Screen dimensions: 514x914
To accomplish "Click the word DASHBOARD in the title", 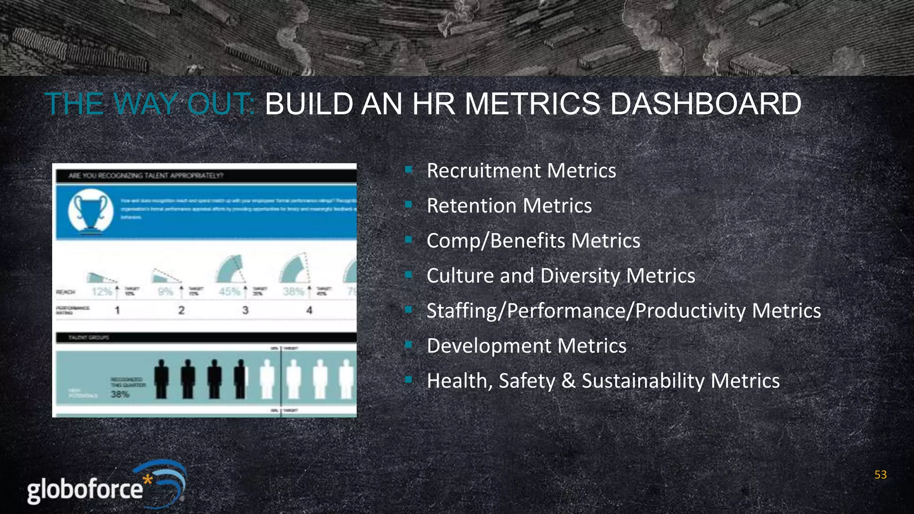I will [x=705, y=104].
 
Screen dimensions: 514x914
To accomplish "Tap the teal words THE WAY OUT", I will [x=150, y=104].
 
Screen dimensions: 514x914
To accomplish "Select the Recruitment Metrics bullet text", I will [x=521, y=171].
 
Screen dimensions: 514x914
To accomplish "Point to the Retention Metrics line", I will [x=509, y=206].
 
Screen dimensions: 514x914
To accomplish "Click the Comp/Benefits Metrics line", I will [x=533, y=241].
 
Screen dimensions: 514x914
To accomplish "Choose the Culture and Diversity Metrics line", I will [x=561, y=276].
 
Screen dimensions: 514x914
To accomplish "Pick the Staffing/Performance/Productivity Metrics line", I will [x=623, y=311].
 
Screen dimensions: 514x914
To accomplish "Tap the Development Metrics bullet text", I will [x=527, y=346].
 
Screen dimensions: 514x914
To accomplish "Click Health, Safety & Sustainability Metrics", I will [x=603, y=381].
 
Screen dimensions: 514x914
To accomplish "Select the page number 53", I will [x=880, y=475].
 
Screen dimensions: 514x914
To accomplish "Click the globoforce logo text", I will [x=85, y=489].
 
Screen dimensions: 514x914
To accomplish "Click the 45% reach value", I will [x=229, y=292].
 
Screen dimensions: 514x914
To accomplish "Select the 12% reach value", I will [x=102, y=292].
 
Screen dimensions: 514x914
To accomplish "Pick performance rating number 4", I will [x=309, y=310].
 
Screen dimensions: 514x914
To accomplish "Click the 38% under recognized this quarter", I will [x=120, y=394].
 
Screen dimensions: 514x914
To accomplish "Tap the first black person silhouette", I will [x=162, y=379].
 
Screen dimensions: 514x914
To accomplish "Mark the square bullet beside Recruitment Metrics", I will [x=408, y=170].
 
